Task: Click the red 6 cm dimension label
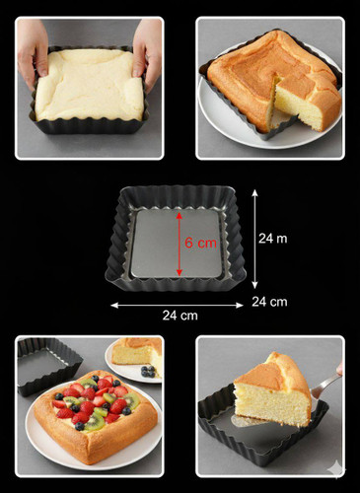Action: (200, 243)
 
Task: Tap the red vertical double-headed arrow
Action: (180, 245)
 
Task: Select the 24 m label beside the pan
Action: (272, 239)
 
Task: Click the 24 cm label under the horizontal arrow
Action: (180, 316)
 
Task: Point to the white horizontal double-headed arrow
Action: (177, 306)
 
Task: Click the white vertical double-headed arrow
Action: (254, 240)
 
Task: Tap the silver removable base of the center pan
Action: (176, 245)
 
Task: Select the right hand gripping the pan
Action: (147, 52)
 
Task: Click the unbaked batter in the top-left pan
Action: (89, 85)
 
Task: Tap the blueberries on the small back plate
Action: (148, 372)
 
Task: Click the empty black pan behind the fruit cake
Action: (46, 365)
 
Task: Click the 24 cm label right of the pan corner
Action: (269, 302)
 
